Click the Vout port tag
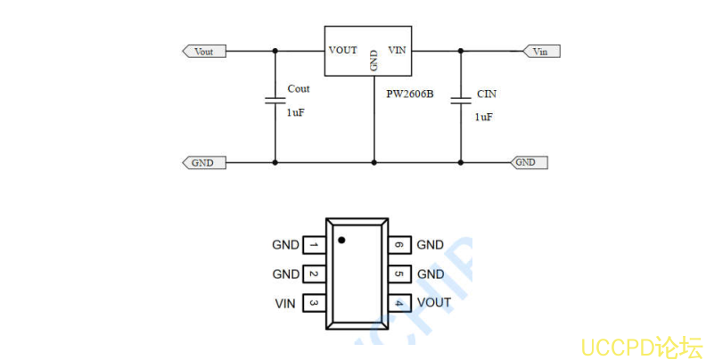click(x=204, y=51)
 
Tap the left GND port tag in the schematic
click(x=203, y=162)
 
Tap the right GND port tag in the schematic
click(x=528, y=162)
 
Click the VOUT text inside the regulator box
click(x=343, y=50)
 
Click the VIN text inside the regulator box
click(x=397, y=50)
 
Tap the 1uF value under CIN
click(x=483, y=117)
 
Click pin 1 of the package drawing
click(x=314, y=244)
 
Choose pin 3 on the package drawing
click(x=314, y=303)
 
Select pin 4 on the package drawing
click(x=398, y=303)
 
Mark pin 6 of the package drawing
click(x=398, y=244)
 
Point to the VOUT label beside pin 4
click(x=434, y=303)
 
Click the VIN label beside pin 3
click(x=285, y=303)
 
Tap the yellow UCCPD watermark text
click(x=641, y=346)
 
